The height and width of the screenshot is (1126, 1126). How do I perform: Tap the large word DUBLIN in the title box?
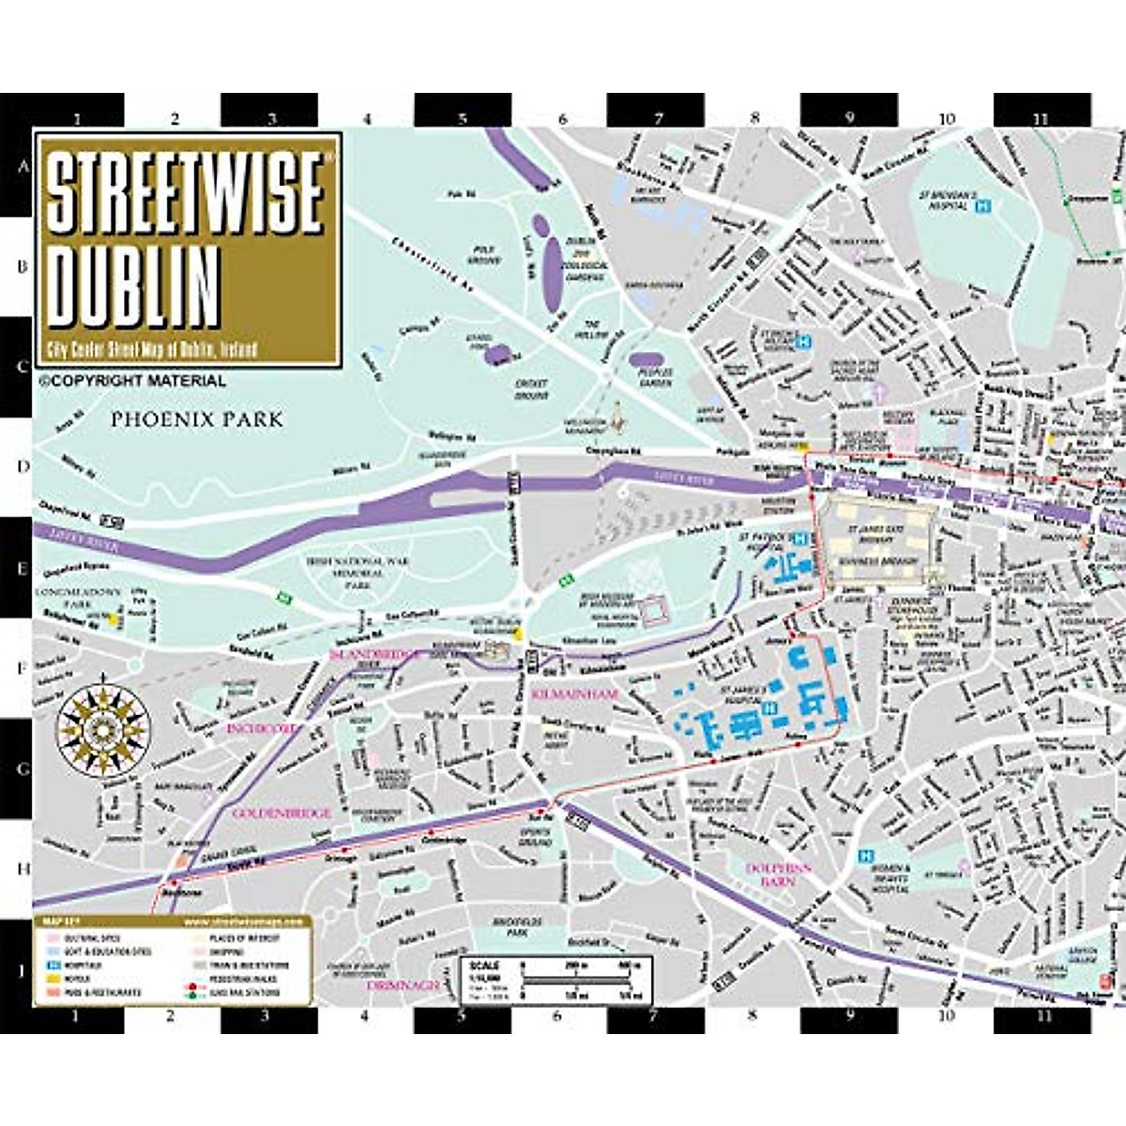point(135,282)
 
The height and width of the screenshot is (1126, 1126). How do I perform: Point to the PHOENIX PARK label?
point(196,419)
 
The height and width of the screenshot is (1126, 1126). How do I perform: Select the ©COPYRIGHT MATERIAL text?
point(132,381)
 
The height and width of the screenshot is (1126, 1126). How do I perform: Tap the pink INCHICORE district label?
point(262,727)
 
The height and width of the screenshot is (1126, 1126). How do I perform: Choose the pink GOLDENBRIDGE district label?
point(281,813)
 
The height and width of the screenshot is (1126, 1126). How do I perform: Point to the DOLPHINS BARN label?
point(778,875)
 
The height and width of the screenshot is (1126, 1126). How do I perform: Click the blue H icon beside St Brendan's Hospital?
point(982,204)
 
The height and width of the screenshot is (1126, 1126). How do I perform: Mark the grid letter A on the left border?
point(16,169)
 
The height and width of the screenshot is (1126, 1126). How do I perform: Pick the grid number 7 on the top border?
point(657,118)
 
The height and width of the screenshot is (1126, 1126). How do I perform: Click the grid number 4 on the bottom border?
point(364,1015)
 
